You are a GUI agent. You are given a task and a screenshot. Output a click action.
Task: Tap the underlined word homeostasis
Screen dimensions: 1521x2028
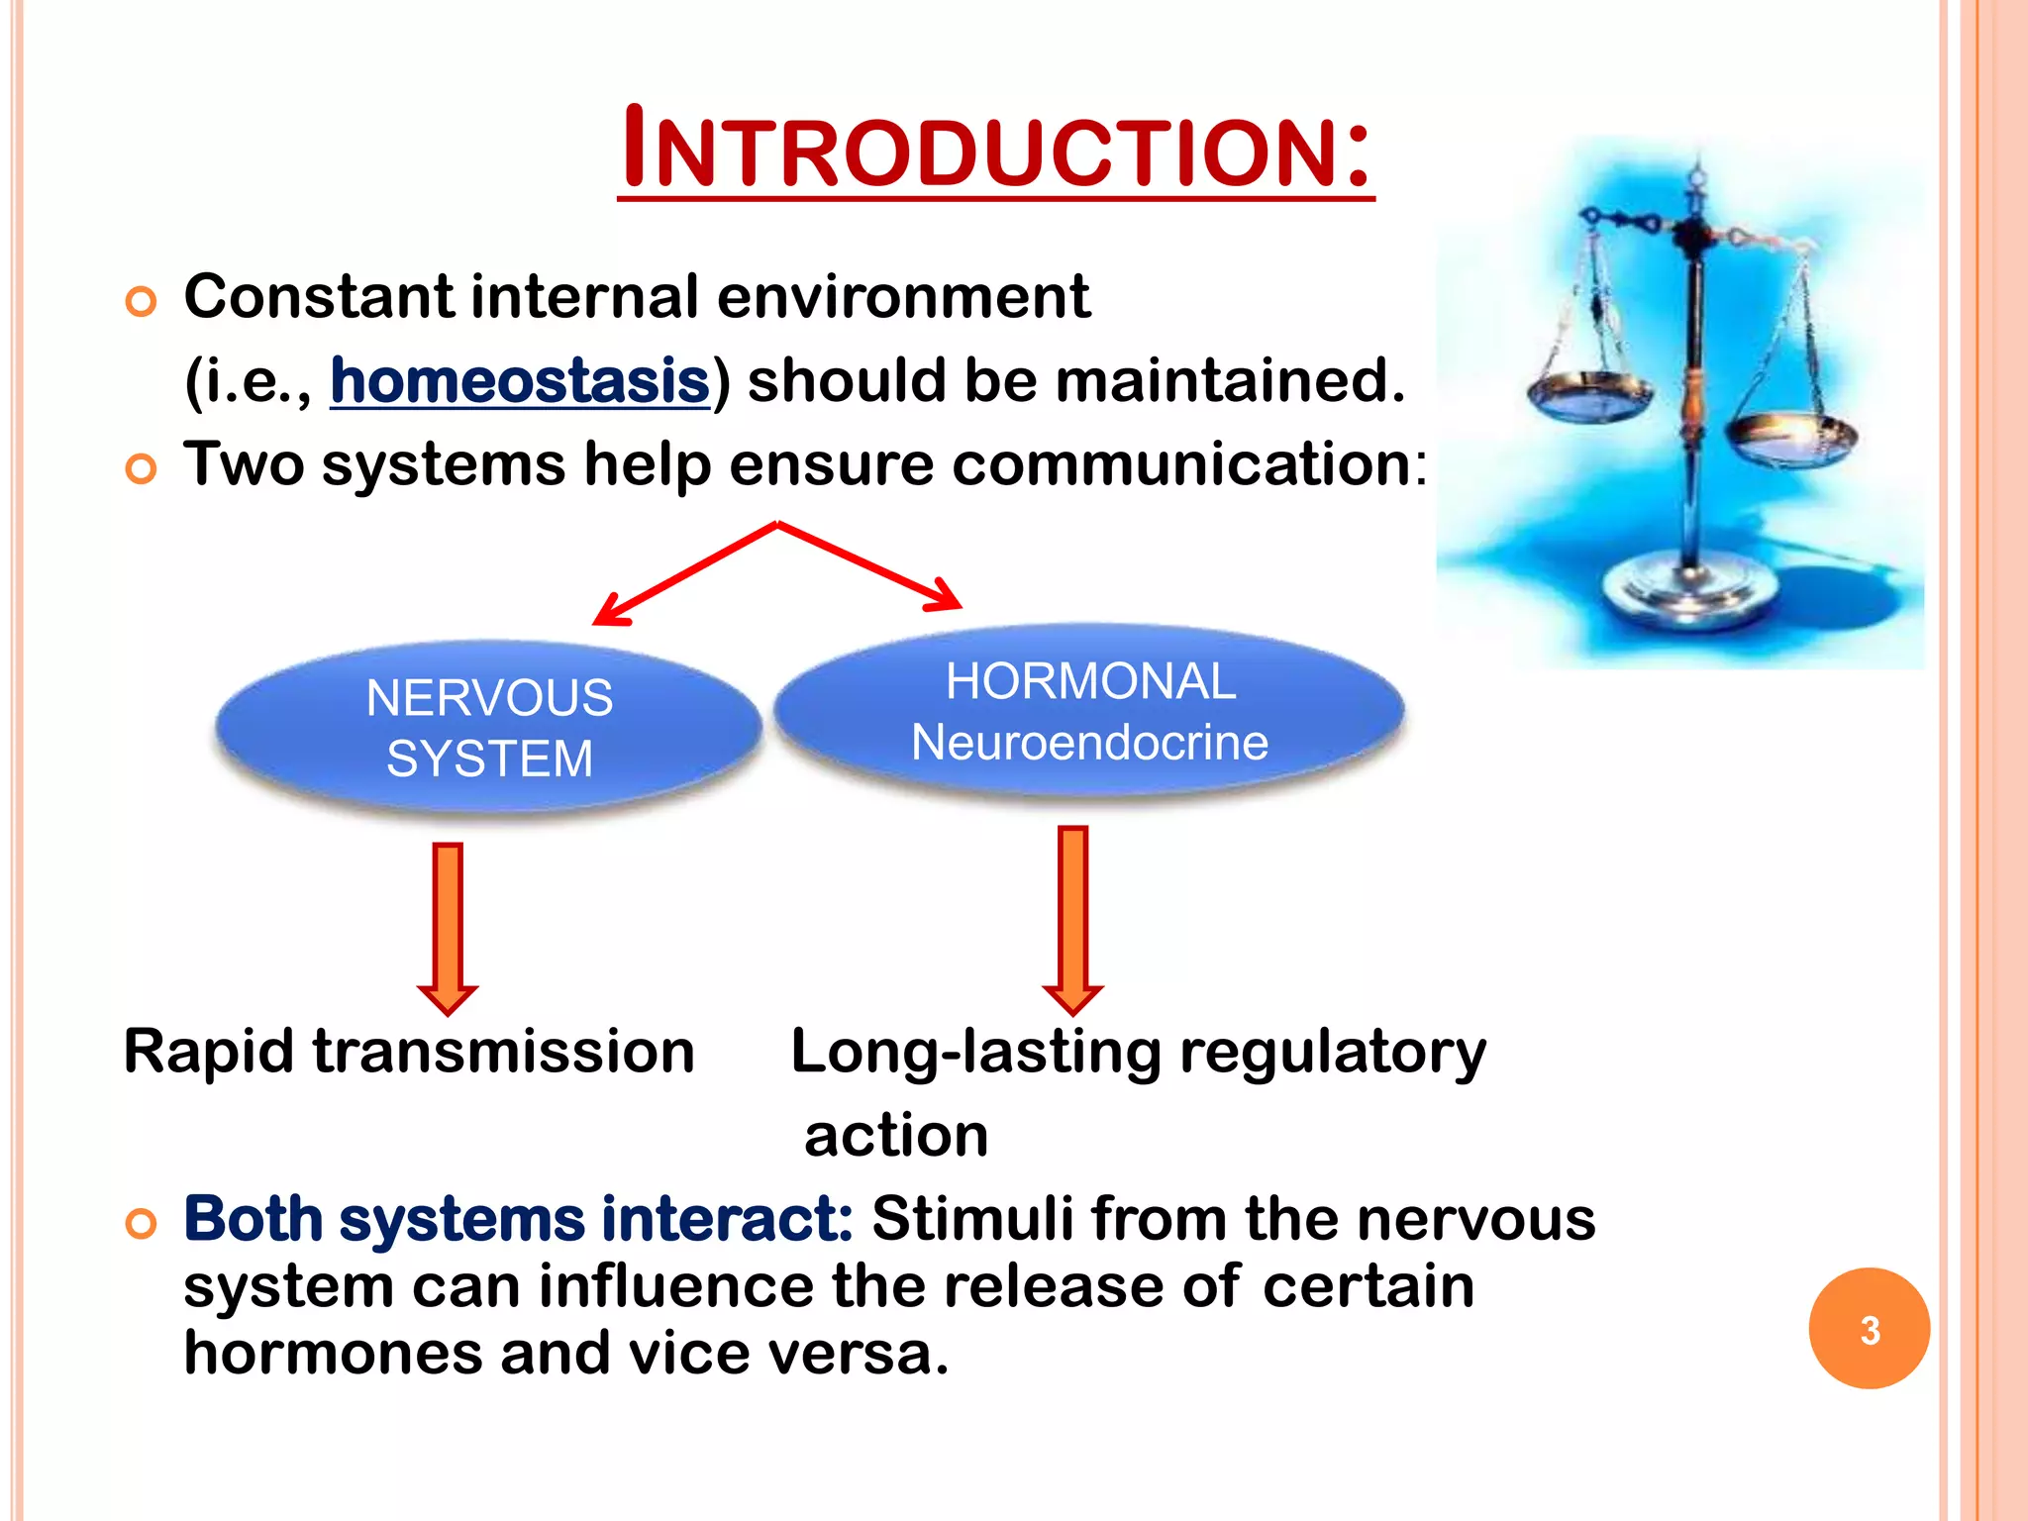[x=520, y=381]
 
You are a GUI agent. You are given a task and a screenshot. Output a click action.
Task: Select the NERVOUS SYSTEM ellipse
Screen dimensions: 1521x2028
[x=489, y=728]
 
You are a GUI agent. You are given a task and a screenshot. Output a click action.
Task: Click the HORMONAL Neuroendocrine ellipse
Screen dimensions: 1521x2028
[x=1089, y=711]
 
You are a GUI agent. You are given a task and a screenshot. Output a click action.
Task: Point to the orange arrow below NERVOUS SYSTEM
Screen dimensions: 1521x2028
[x=448, y=926]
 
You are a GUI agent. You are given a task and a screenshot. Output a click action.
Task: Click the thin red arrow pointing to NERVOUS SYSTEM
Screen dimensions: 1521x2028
[x=683, y=574]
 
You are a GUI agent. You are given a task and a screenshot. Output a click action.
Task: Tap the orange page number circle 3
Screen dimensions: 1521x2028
[x=1869, y=1329]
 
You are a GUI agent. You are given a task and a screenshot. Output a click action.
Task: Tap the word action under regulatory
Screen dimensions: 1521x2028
[x=896, y=1136]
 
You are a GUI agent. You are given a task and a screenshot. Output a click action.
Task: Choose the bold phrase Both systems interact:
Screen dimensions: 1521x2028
[x=518, y=1219]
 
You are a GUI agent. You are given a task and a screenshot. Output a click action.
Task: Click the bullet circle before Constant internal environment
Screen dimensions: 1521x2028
[x=142, y=301]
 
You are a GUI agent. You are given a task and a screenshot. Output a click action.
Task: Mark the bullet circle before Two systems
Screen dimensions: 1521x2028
[x=142, y=468]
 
